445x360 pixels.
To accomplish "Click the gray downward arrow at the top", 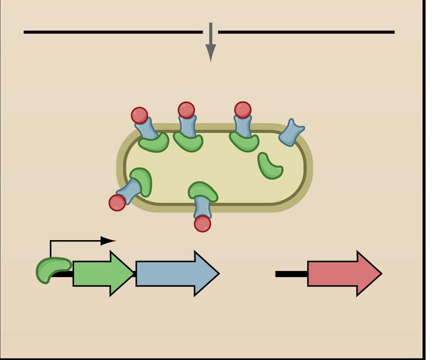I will click(x=210, y=43).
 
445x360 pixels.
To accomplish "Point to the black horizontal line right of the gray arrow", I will click(x=306, y=32).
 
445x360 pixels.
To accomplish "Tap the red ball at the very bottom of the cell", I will click(x=202, y=224).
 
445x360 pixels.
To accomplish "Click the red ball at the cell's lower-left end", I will click(x=117, y=203).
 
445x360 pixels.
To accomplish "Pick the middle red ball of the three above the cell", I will click(x=186, y=110).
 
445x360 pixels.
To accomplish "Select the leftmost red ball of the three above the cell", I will click(x=139, y=115).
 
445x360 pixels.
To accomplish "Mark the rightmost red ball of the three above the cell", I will click(x=243, y=110).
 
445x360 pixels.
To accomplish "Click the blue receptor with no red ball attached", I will click(x=291, y=132).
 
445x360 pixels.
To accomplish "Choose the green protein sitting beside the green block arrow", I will click(x=52, y=269).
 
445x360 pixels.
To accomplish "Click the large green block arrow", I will click(x=102, y=274).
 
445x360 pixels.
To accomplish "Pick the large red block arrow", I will click(x=344, y=274).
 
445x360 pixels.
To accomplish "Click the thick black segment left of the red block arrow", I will click(x=291, y=274).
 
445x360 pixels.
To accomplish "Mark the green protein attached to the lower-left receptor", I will click(x=142, y=181).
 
